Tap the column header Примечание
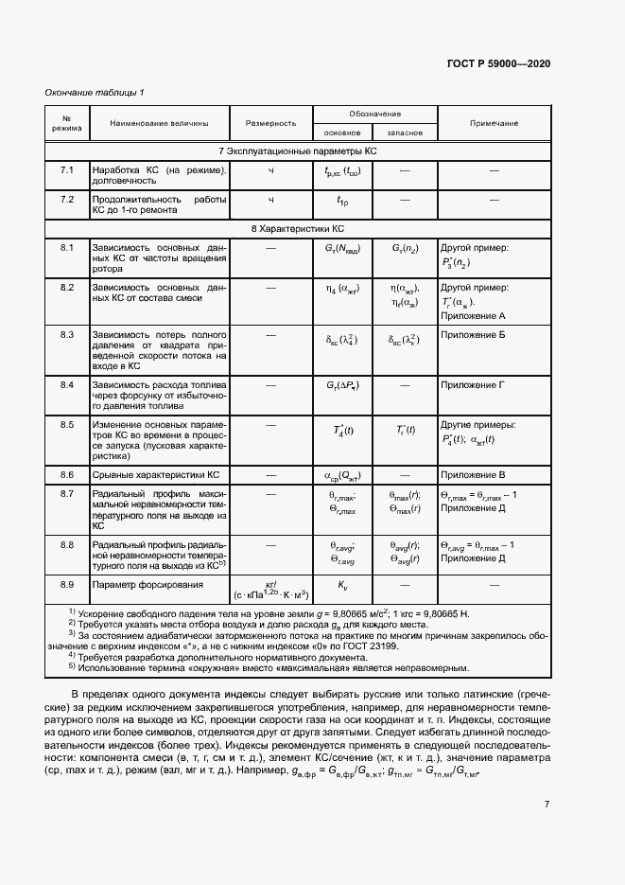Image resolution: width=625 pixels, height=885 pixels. click(493, 123)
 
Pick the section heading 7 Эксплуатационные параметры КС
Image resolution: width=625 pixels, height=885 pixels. click(298, 151)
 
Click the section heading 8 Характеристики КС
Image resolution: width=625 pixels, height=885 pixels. click(298, 229)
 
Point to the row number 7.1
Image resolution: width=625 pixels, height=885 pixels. click(67, 171)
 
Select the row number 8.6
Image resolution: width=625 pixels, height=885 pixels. click(67, 473)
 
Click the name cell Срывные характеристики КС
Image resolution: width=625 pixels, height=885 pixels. click(155, 473)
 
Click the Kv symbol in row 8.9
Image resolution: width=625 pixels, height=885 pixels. click(343, 586)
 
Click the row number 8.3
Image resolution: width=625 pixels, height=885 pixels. click(67, 336)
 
